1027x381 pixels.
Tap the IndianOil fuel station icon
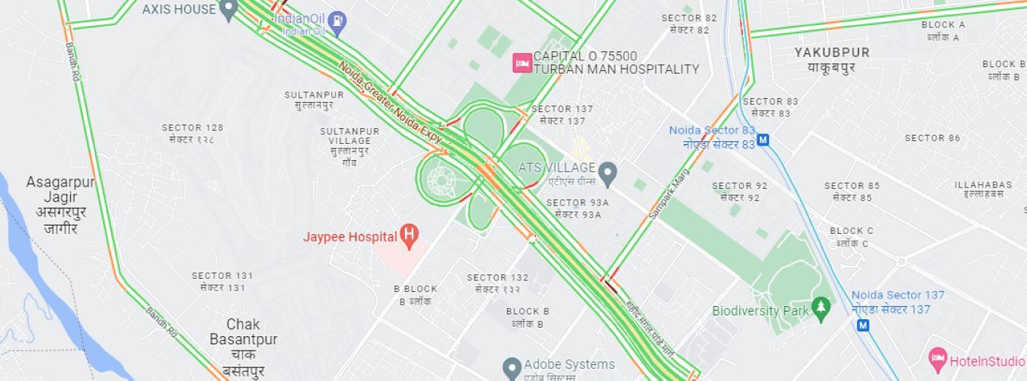tap(340, 21)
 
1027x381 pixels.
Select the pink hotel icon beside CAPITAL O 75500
tap(522, 62)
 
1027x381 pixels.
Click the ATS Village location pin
tap(607, 173)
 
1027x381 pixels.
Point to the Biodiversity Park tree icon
tap(820, 309)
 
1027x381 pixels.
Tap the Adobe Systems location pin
tap(512, 366)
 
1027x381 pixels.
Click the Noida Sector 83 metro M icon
tap(764, 140)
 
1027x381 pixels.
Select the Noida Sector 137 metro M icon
tap(863, 325)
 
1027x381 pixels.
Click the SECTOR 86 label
tap(932, 138)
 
